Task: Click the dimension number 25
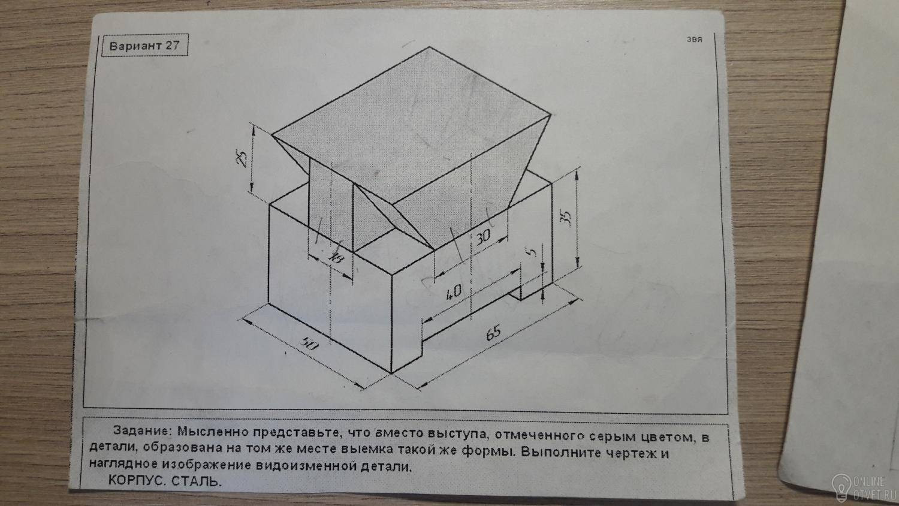(x=242, y=157)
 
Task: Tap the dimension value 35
(x=566, y=218)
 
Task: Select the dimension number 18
(x=336, y=257)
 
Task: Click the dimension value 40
(x=454, y=292)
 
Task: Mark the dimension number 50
(x=309, y=344)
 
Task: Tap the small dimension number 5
(x=532, y=252)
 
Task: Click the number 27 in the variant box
(x=171, y=45)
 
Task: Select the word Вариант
(x=135, y=46)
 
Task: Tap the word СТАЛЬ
(x=197, y=481)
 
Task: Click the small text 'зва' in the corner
(x=694, y=40)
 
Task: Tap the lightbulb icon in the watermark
(x=841, y=484)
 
